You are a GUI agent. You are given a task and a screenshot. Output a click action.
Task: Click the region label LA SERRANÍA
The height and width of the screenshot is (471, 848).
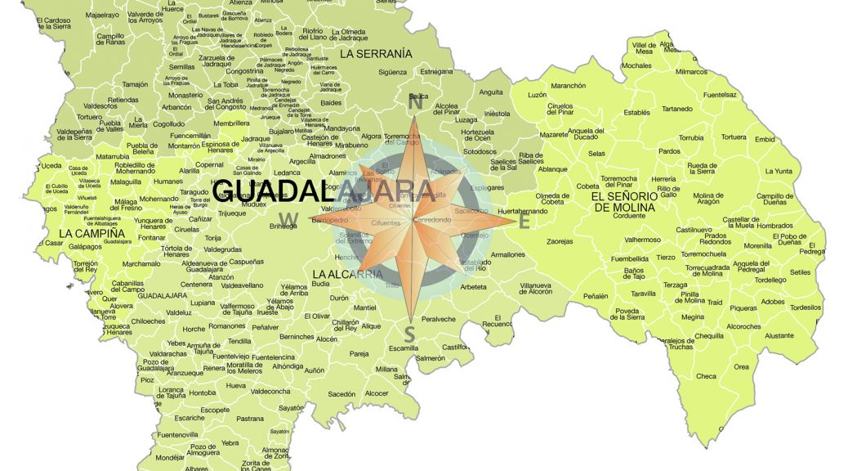point(376,54)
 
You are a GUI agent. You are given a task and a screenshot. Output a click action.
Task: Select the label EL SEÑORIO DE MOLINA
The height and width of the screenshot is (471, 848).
point(623,202)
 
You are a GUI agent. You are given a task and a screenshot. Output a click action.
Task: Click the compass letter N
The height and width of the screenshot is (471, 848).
point(415,103)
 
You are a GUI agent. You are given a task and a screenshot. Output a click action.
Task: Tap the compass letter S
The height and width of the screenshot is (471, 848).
point(410,332)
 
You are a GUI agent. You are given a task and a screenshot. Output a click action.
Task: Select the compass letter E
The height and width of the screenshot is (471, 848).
point(524,222)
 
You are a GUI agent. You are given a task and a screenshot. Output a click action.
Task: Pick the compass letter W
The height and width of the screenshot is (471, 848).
point(287,218)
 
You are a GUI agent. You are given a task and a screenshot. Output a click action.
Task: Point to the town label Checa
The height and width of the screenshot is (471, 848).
point(706,376)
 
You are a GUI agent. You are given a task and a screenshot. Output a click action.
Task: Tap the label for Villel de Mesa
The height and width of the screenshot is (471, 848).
point(644,48)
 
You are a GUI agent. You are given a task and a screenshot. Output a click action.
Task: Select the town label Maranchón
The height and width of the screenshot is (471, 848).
point(569,85)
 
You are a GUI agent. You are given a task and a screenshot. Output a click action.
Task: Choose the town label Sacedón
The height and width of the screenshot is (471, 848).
point(341,393)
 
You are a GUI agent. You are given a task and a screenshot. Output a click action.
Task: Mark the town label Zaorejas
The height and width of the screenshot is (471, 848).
point(560,241)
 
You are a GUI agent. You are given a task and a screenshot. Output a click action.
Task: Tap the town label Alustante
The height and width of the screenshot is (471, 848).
point(779,335)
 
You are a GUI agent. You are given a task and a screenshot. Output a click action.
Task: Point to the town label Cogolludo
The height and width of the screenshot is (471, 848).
point(168,123)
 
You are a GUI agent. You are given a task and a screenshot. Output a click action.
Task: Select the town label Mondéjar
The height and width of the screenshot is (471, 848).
point(170,458)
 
